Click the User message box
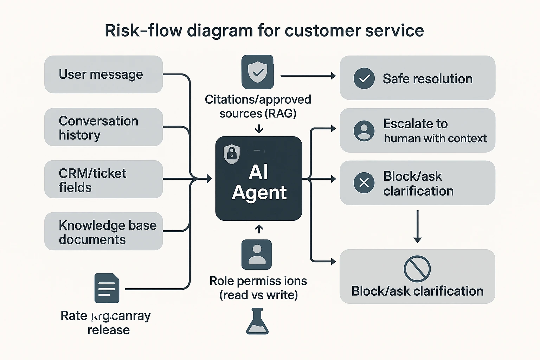coord(103,75)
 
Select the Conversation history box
coord(103,127)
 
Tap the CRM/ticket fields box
coord(103,180)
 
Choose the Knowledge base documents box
coord(103,231)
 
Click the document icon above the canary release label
coord(107,288)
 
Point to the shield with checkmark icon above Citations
coord(257,72)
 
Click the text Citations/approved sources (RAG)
coord(258,107)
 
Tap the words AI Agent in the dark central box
coord(259,182)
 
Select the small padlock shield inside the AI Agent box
coord(232,154)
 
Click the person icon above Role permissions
coord(257,255)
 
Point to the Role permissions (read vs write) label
coord(258,288)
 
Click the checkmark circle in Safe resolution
coord(364,78)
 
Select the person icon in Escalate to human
coord(364,131)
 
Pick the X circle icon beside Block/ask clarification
coord(364,183)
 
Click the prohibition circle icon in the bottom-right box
coord(417,269)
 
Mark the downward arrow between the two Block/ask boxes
coord(417,226)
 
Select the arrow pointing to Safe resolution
coord(308,76)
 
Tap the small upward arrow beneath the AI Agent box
coord(259,229)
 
